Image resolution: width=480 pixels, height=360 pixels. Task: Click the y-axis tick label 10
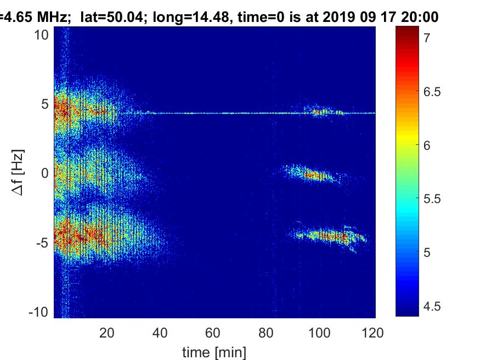[42, 35]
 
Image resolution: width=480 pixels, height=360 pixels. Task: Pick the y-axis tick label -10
[38, 311]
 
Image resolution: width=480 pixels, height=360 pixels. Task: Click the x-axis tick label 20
[107, 332]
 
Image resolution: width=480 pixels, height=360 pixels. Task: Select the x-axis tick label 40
[160, 332]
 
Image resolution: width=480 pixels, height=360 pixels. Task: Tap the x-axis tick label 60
[213, 332]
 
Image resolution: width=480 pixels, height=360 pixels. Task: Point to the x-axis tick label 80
[267, 332]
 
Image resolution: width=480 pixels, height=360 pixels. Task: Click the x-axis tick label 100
[319, 332]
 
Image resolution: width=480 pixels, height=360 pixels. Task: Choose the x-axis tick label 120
[372, 332]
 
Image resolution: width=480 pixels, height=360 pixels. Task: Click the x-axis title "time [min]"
[214, 351]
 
